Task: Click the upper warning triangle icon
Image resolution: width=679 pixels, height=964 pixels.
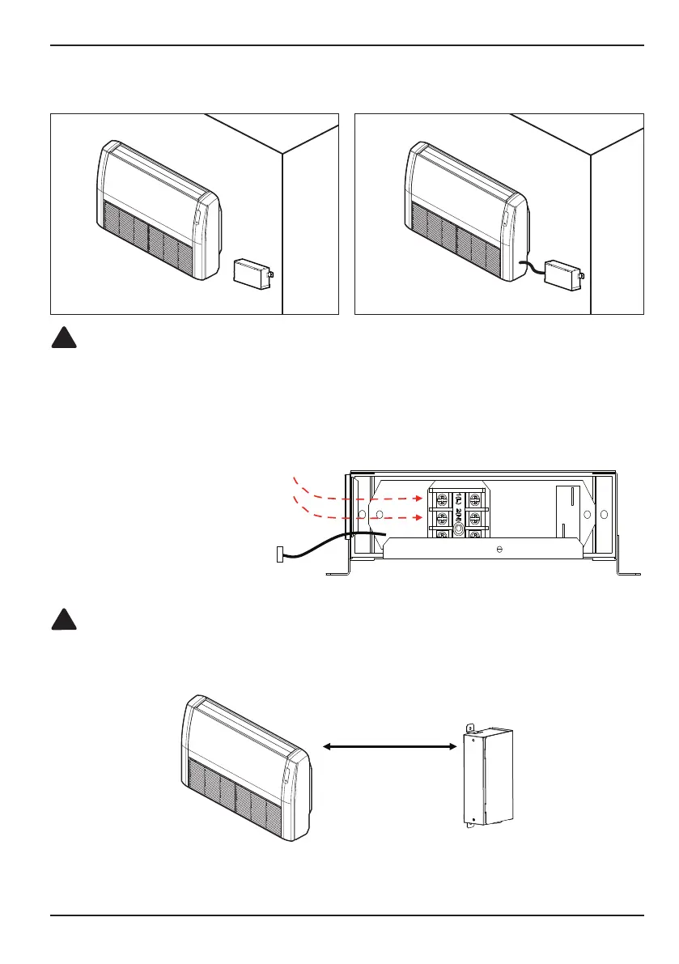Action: [x=64, y=338]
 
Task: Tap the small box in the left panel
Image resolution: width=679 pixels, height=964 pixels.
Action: [x=252, y=272]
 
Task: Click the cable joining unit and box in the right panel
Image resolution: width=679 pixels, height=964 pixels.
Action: [x=530, y=268]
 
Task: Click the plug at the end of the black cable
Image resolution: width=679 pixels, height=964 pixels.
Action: [x=279, y=555]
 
